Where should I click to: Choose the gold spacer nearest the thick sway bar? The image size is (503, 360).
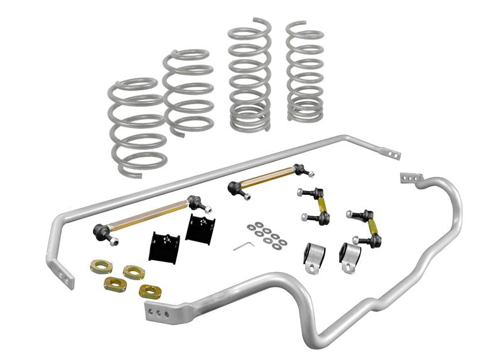[x=149, y=291]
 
